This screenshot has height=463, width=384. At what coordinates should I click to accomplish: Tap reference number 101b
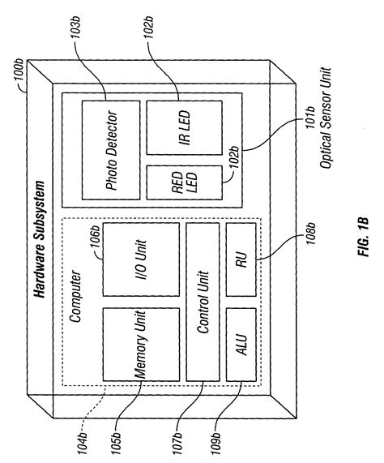pos(311,137)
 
